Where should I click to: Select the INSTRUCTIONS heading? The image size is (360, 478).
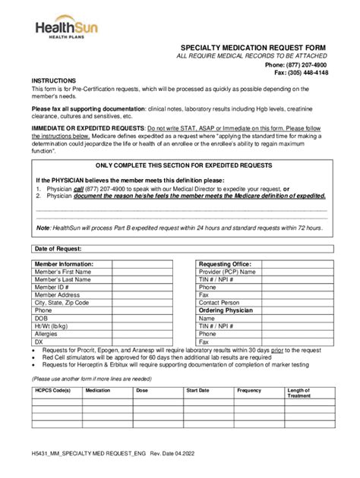tap(53, 80)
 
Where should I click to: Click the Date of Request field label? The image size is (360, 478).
tap(58, 249)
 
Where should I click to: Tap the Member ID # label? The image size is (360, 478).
tap(52, 288)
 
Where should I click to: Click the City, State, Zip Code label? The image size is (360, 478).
tap(62, 303)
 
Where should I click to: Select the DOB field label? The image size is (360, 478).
tap(42, 318)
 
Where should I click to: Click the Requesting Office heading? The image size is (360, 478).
tap(226, 264)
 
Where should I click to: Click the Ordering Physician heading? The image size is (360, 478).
tap(227, 310)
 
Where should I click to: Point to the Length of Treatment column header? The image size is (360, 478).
tap(298, 393)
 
